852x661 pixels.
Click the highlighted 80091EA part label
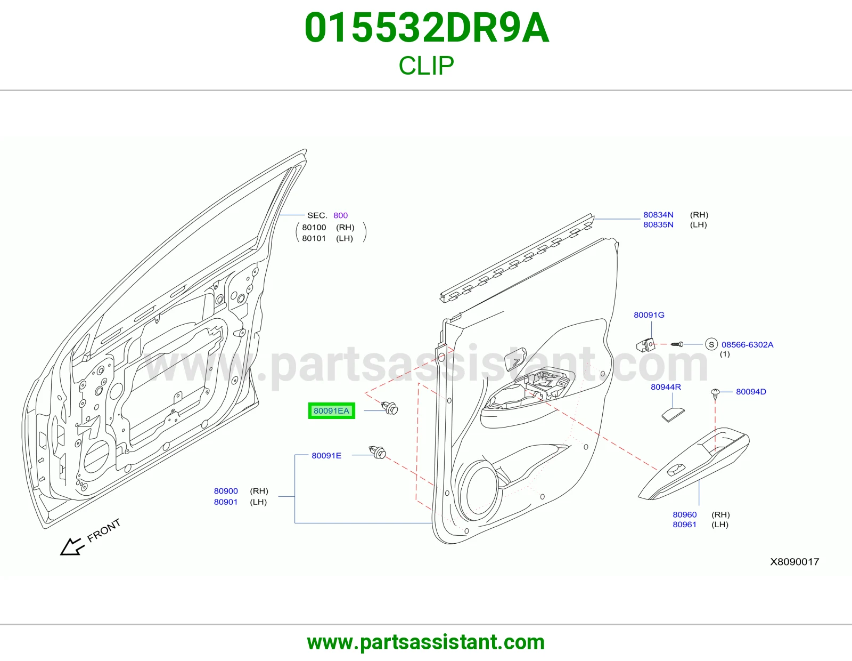click(x=331, y=410)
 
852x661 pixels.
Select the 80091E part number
click(x=326, y=455)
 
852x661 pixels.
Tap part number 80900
click(x=226, y=490)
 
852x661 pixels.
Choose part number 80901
click(x=226, y=502)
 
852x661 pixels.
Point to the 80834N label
click(x=658, y=215)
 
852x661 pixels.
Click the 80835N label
click(x=658, y=224)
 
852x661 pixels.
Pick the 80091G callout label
click(x=649, y=315)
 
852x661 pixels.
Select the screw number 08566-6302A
click(x=747, y=345)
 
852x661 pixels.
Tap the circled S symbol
click(x=711, y=344)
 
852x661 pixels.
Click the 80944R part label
click(x=666, y=387)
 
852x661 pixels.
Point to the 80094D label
click(x=751, y=391)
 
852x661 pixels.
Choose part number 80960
click(x=685, y=514)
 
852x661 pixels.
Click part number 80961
click(x=685, y=525)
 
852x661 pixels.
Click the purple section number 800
click(x=340, y=215)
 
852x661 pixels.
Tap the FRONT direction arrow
click(x=72, y=546)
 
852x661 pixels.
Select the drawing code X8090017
click(x=794, y=562)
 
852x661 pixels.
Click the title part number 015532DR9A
click(x=426, y=28)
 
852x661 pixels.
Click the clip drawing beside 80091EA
click(x=389, y=408)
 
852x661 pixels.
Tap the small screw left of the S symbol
click(x=677, y=344)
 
